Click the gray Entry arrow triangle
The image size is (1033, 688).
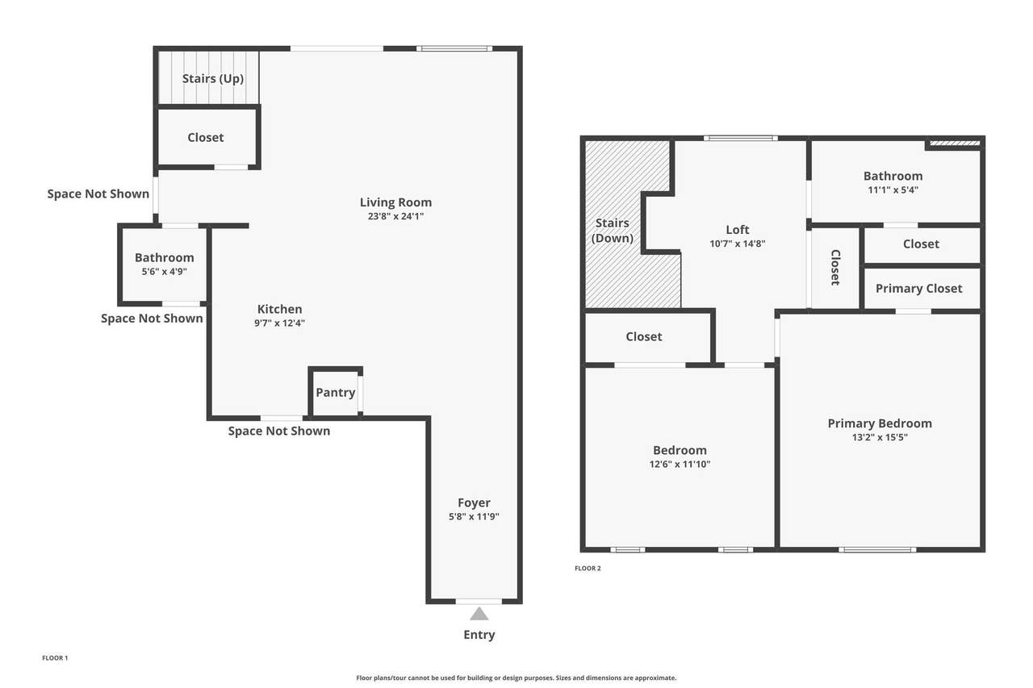coord(479,615)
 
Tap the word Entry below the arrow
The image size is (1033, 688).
coord(479,635)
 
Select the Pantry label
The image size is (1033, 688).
coord(335,393)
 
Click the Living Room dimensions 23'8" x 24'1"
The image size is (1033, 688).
coord(395,216)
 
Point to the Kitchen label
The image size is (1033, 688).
coord(279,309)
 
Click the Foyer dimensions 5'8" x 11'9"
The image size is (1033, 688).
coord(474,516)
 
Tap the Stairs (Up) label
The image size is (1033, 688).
coord(212,79)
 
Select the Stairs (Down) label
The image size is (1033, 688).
coord(613,231)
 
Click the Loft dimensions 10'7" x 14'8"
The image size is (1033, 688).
coord(738,244)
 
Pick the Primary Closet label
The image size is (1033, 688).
coord(918,289)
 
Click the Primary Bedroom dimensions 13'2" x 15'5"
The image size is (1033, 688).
coord(880,437)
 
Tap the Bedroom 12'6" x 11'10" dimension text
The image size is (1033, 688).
coord(680,464)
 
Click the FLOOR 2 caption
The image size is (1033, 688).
coord(588,568)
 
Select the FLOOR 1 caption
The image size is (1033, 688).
coord(55,658)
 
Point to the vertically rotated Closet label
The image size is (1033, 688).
coord(835,268)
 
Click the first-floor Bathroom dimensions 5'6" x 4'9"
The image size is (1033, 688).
coord(164,272)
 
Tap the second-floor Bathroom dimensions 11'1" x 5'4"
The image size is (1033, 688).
coord(893,190)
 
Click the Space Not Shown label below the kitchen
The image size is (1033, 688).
coord(279,432)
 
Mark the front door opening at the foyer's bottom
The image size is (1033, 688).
coord(479,602)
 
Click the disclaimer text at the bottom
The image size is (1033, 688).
coord(516,678)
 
